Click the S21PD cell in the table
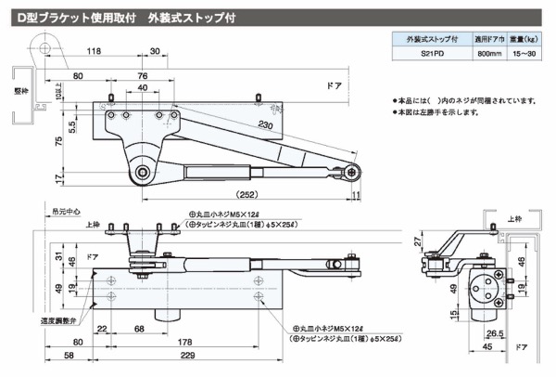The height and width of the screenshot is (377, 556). coord(423,57)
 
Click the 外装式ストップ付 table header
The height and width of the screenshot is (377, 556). coord(423,40)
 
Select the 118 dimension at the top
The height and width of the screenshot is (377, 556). coord(95,53)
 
